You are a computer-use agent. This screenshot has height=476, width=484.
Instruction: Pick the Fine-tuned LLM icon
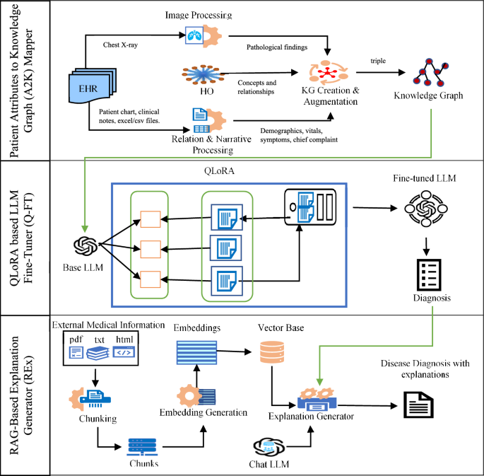click(425, 211)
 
